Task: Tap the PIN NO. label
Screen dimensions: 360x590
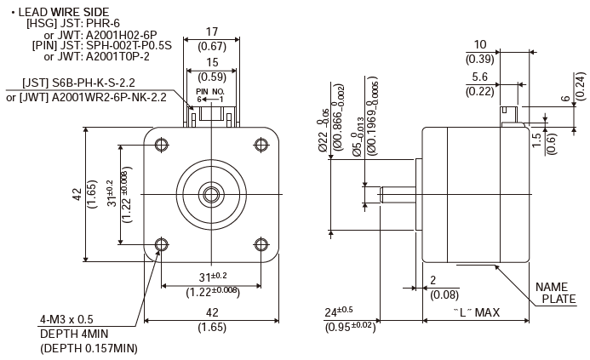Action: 210,90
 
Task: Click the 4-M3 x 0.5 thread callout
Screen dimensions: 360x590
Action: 66,319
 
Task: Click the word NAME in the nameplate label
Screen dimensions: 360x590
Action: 552,286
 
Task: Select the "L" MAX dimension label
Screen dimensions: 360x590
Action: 476,313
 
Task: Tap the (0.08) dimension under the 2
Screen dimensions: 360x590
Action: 444,294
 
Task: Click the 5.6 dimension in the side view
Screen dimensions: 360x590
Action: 480,77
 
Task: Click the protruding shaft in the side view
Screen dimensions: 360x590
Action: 396,195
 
